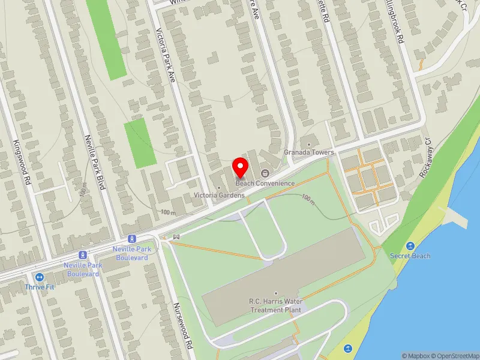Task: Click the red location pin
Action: [241, 166]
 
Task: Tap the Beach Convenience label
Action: [265, 183]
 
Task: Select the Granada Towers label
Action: [308, 152]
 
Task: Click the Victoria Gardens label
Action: [218, 196]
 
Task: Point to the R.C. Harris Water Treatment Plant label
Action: [276, 305]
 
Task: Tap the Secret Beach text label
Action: [410, 256]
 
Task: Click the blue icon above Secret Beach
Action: [410, 246]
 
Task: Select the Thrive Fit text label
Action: [40, 287]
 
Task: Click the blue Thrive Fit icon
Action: [40, 277]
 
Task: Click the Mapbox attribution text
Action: [415, 355]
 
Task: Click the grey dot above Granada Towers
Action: [308, 144]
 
